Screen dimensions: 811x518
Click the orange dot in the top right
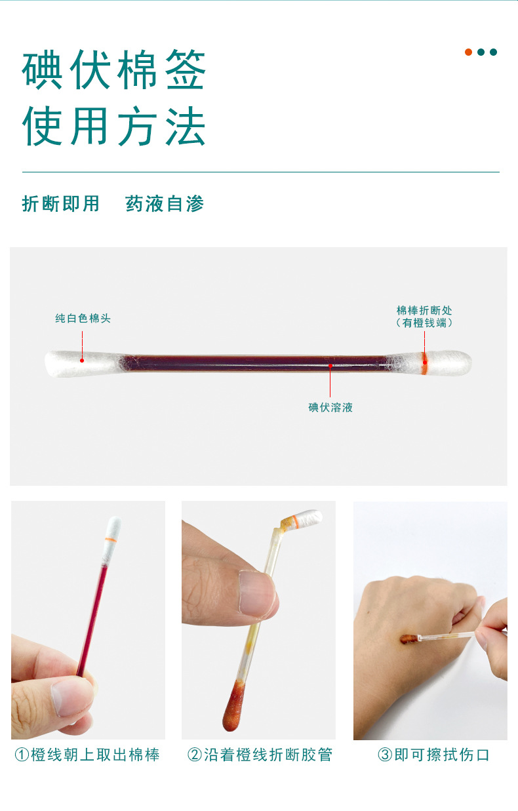coord(468,52)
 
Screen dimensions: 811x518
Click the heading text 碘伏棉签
coord(114,71)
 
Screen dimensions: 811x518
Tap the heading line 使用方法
coord(114,126)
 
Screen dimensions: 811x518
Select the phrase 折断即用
coord(61,204)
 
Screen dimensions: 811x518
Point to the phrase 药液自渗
coord(165,204)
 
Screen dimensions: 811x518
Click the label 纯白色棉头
coord(83,319)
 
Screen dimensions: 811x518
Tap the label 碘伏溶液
coord(330,408)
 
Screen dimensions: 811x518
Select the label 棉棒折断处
coord(424,310)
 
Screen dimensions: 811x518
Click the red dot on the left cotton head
coord(82,360)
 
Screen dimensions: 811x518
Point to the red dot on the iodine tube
coord(330,365)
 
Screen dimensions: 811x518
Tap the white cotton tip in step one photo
coord(113,528)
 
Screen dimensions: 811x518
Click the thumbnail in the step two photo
coord(256,594)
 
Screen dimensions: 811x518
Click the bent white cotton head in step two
coord(307,517)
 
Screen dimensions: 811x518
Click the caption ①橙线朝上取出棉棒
coord(87,755)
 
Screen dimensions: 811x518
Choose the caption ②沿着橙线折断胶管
coord(260,755)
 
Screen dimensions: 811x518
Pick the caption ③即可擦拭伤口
coord(433,755)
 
